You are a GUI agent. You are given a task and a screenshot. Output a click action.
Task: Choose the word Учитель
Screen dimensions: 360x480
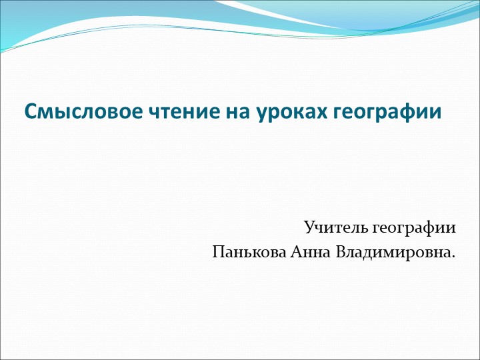(x=335, y=228)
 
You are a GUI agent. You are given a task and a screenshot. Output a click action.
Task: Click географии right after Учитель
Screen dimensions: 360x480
(x=414, y=229)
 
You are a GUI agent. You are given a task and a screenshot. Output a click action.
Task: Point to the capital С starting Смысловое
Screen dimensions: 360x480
(x=31, y=111)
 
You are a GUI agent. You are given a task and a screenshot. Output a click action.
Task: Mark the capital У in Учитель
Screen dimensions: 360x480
(x=309, y=228)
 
